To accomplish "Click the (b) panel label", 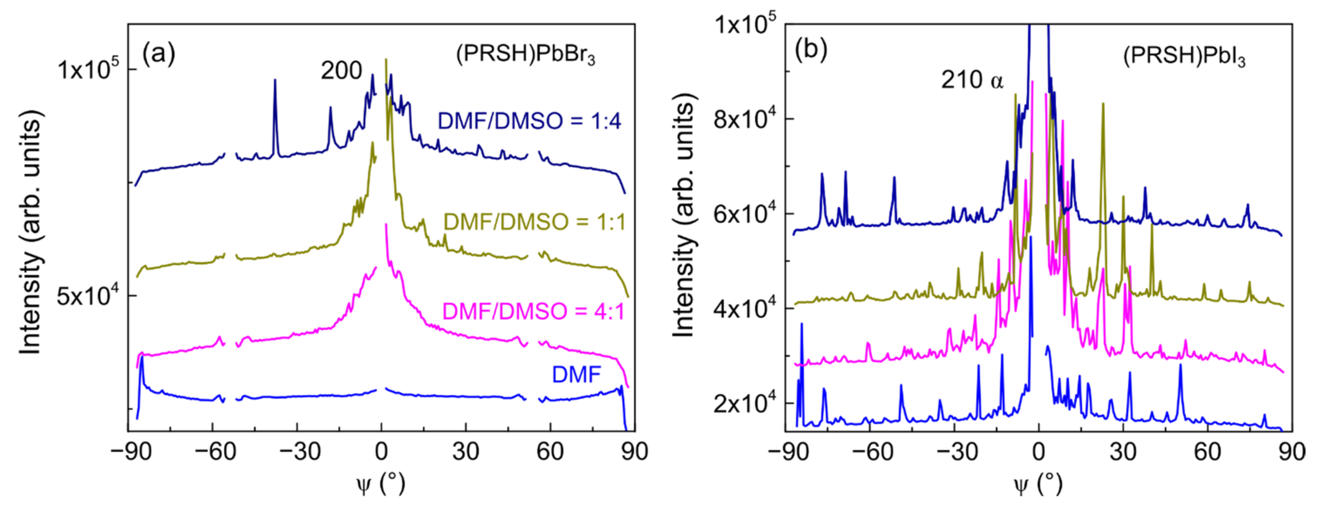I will coord(811,50).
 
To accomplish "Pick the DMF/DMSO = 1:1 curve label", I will coord(534,222).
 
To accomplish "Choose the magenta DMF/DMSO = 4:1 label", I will coord(533,311).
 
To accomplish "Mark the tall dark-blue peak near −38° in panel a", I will coord(275,82).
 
